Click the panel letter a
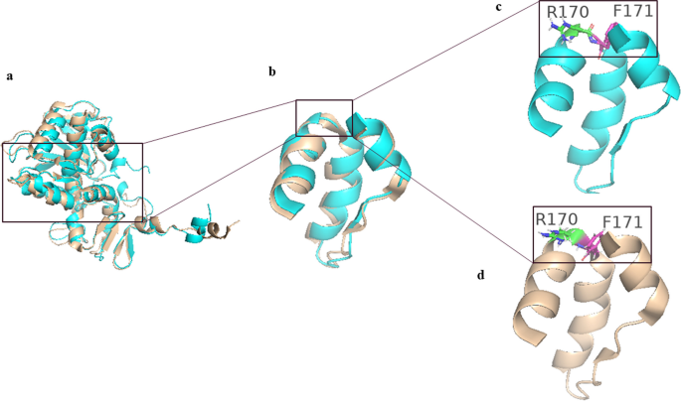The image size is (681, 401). (x=10, y=76)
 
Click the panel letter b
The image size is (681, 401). (x=272, y=71)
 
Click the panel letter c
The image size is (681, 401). (x=499, y=7)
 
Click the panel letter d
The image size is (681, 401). (x=481, y=275)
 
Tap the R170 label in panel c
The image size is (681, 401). (x=568, y=12)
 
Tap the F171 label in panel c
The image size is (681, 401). (x=633, y=11)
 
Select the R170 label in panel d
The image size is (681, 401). (x=557, y=219)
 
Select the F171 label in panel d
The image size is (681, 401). (x=622, y=222)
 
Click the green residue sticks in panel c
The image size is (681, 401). (x=573, y=32)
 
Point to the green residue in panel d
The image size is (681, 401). (x=563, y=236)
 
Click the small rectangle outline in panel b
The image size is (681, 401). (x=324, y=100)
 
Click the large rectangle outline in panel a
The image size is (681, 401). (x=73, y=144)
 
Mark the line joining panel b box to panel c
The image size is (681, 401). (x=445, y=51)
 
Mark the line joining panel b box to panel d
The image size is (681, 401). (x=442, y=199)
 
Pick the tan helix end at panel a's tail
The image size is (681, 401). (x=215, y=229)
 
